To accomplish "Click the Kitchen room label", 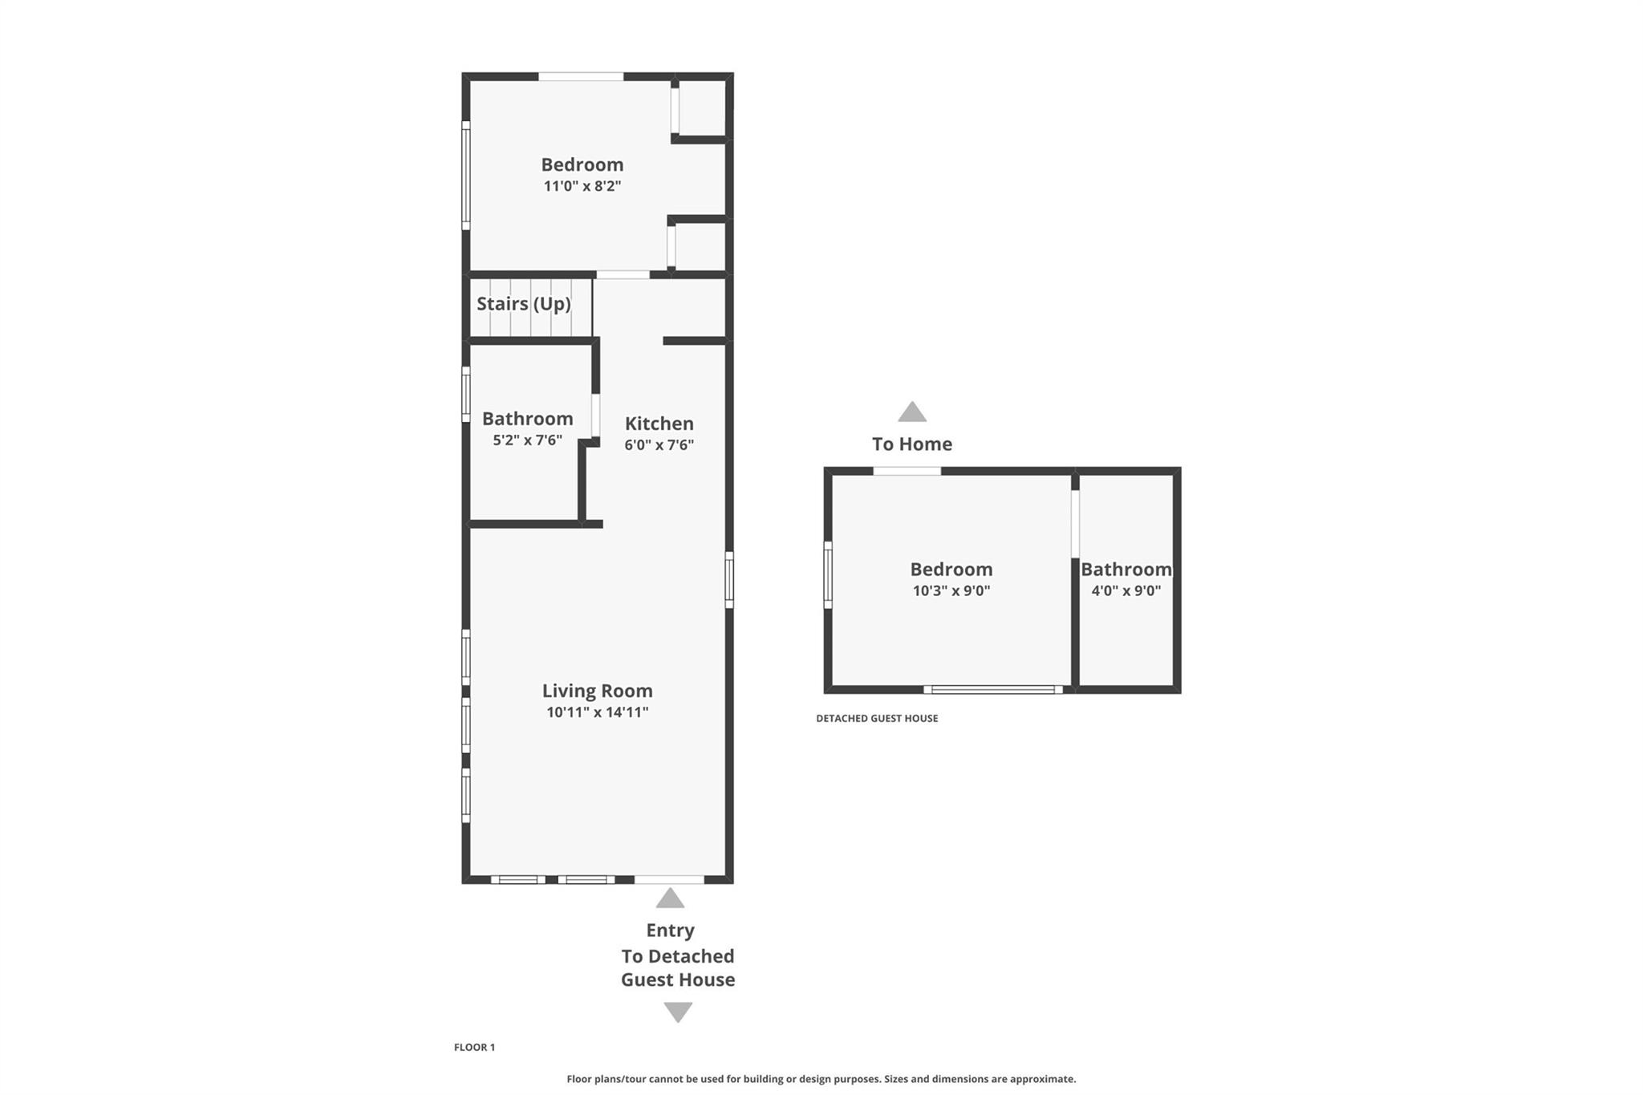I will click(x=659, y=424).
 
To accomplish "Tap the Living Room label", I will click(x=597, y=691).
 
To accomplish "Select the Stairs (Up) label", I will click(x=523, y=304).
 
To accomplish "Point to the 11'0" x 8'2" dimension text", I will click(x=582, y=186).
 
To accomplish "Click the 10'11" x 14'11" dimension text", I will click(x=597, y=712).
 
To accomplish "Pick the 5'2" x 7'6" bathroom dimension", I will click(x=527, y=440).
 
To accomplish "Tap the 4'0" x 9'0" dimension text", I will click(x=1126, y=591).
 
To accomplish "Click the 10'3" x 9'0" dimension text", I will click(x=951, y=591).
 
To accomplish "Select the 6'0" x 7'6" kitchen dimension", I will click(x=659, y=445).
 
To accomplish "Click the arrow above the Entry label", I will click(x=670, y=898).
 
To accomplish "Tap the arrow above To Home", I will click(x=911, y=412).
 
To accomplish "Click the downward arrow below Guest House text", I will click(x=678, y=1012).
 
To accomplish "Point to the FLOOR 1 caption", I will click(x=474, y=1047).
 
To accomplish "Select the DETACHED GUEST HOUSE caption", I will click(x=876, y=718).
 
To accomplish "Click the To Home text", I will click(x=911, y=444).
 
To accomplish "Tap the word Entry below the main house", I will click(x=670, y=931).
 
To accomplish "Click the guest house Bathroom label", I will click(x=1126, y=570).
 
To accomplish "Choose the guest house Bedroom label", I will click(x=951, y=570).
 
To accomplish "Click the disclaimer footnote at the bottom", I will click(x=821, y=1079).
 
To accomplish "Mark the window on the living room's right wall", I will click(x=728, y=579).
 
